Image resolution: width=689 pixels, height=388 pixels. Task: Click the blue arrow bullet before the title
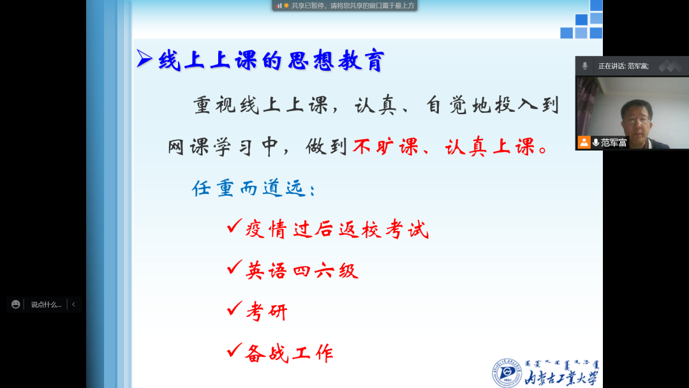click(144, 59)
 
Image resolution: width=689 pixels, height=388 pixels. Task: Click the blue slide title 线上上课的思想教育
click(271, 60)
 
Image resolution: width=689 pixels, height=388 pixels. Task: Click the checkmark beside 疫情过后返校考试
click(235, 226)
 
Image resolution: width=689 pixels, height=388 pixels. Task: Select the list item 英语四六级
click(302, 270)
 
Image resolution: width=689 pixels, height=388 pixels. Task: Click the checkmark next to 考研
click(235, 308)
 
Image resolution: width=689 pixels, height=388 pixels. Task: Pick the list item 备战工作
click(290, 354)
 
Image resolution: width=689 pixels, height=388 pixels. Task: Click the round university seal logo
click(507, 373)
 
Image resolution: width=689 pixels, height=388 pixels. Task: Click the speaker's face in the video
click(636, 119)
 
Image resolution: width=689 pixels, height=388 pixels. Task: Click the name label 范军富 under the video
click(614, 142)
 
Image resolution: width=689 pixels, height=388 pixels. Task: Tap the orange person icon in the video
click(584, 142)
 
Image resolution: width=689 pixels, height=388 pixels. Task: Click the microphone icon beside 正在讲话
click(585, 66)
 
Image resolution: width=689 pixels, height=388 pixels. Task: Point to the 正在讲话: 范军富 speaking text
click(623, 66)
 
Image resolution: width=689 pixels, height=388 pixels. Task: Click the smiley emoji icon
click(16, 304)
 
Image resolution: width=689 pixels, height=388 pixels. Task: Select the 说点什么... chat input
click(46, 304)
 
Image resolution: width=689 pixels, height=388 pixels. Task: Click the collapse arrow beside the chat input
click(73, 304)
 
